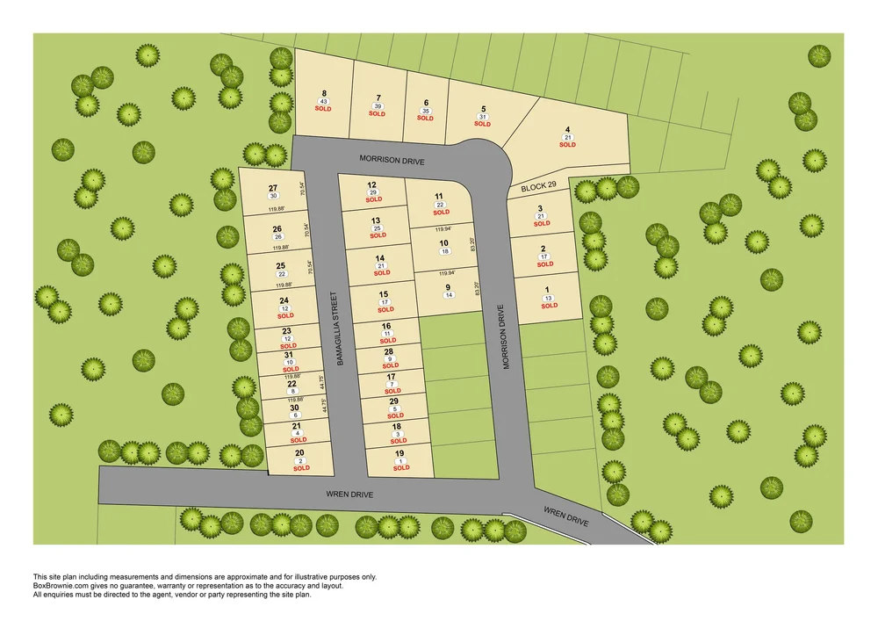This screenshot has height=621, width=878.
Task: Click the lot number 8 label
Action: (324, 93)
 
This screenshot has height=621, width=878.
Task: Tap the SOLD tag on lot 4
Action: (567, 145)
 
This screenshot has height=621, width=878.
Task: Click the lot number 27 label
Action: (273, 188)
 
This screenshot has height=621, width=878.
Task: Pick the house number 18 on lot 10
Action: (444, 252)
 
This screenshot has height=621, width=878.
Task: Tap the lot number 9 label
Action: (448, 287)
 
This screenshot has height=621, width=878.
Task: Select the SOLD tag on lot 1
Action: (549, 306)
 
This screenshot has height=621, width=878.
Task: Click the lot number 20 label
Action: (300, 452)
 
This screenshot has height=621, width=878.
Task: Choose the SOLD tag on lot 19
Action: (401, 468)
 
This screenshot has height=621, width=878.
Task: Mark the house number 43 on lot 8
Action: (324, 101)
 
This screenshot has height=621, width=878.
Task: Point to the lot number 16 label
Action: (386, 326)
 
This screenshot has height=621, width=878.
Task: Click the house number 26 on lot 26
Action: (278, 237)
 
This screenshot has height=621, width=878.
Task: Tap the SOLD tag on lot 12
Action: (374, 200)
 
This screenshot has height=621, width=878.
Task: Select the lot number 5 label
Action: (483, 109)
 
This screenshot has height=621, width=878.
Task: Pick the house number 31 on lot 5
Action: (482, 117)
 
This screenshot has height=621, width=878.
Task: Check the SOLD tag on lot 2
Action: (544, 264)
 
